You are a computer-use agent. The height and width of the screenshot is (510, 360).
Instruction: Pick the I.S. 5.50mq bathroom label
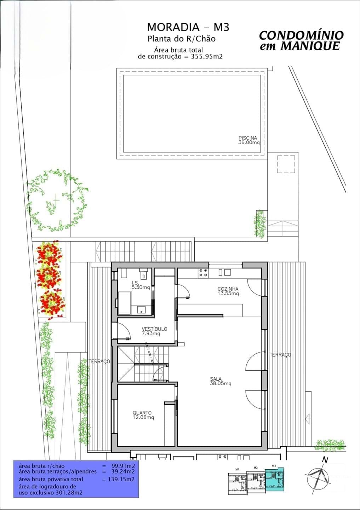click(141, 285)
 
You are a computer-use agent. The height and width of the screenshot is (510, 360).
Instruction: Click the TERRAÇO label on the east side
click(280, 355)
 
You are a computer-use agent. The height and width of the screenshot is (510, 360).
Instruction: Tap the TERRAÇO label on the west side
click(99, 362)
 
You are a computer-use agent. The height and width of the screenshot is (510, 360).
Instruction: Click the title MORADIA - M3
click(188, 27)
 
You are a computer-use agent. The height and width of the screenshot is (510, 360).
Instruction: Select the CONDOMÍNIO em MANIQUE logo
click(301, 40)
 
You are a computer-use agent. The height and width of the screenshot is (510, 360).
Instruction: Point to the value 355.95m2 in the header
click(205, 56)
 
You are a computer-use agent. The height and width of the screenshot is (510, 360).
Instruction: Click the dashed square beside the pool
click(286, 164)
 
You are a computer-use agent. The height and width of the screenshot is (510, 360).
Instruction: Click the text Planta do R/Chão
click(181, 39)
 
